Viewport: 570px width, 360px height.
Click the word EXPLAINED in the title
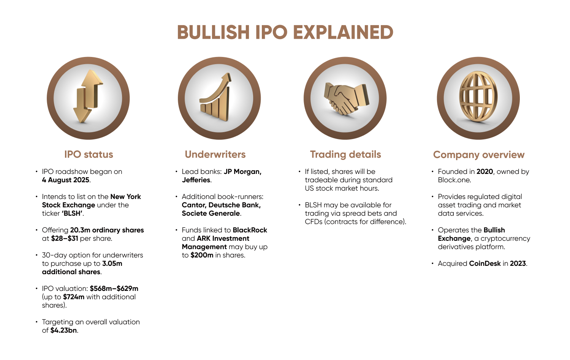[x=343, y=32]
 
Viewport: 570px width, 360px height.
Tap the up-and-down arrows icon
[x=88, y=96]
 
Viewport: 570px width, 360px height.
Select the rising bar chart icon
[x=216, y=97]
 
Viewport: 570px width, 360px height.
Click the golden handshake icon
[x=346, y=98]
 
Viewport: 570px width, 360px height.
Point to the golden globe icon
[x=478, y=96]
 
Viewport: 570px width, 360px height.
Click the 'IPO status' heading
[x=89, y=154]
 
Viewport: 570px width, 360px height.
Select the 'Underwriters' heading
[x=215, y=154]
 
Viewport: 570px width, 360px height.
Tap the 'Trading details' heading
[x=345, y=154]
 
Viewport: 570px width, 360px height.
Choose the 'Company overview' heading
[x=479, y=155]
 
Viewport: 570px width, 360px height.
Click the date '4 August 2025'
[x=66, y=180]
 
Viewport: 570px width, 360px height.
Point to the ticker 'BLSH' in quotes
[x=72, y=213]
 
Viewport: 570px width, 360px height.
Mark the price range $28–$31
[x=64, y=238]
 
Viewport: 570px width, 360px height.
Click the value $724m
[x=74, y=297]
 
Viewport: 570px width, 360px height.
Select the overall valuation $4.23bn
[x=63, y=330]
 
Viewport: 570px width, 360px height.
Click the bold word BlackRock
[x=250, y=230]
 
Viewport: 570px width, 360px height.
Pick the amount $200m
[x=202, y=255]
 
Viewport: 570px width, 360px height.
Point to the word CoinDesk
[x=485, y=264]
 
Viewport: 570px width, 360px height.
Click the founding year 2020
[x=485, y=172]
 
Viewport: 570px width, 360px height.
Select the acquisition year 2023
[x=518, y=264]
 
